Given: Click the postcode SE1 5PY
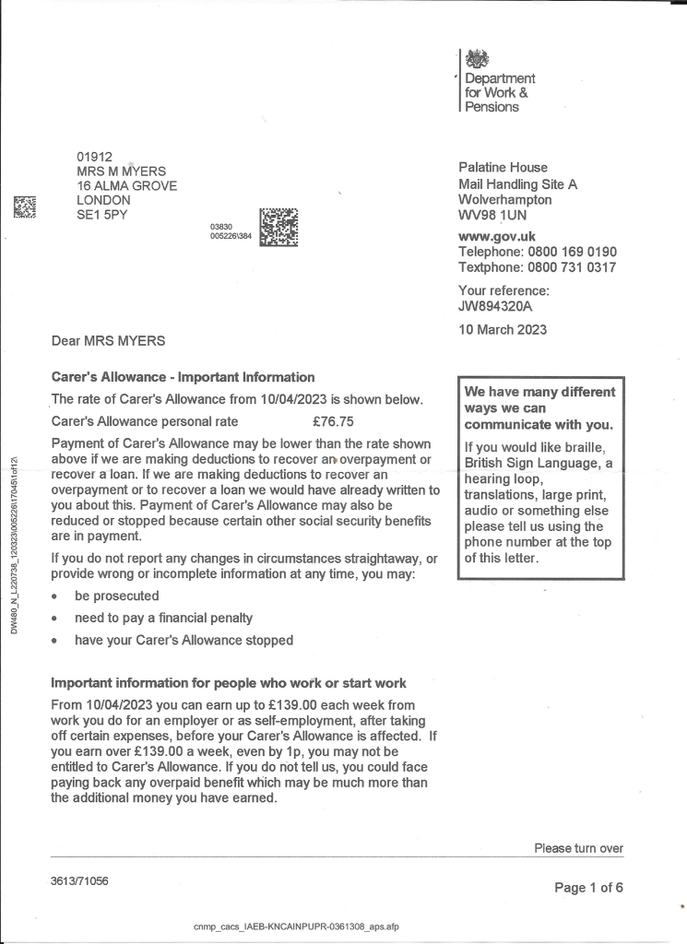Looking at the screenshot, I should pos(102,215).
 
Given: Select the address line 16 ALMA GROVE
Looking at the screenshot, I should pos(126,185).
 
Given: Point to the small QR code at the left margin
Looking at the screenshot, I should pos(25,207).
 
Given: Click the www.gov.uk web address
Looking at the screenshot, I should pos(497,236).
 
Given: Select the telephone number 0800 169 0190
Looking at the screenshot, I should pos(572,252).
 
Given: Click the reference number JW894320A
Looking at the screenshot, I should pos(495,307).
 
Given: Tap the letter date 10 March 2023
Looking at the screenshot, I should pos(503,329).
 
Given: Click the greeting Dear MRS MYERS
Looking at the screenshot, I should pos(108,341).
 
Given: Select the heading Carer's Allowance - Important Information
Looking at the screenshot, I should pos(183,377).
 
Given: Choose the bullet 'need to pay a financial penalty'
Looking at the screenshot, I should pos(163,618).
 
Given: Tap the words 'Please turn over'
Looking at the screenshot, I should pos(578,848).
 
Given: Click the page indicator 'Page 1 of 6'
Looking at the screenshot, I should pos(588,888).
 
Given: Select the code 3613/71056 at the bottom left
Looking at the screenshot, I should pos(79,881).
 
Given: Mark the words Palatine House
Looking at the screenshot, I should pos(503,168).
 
